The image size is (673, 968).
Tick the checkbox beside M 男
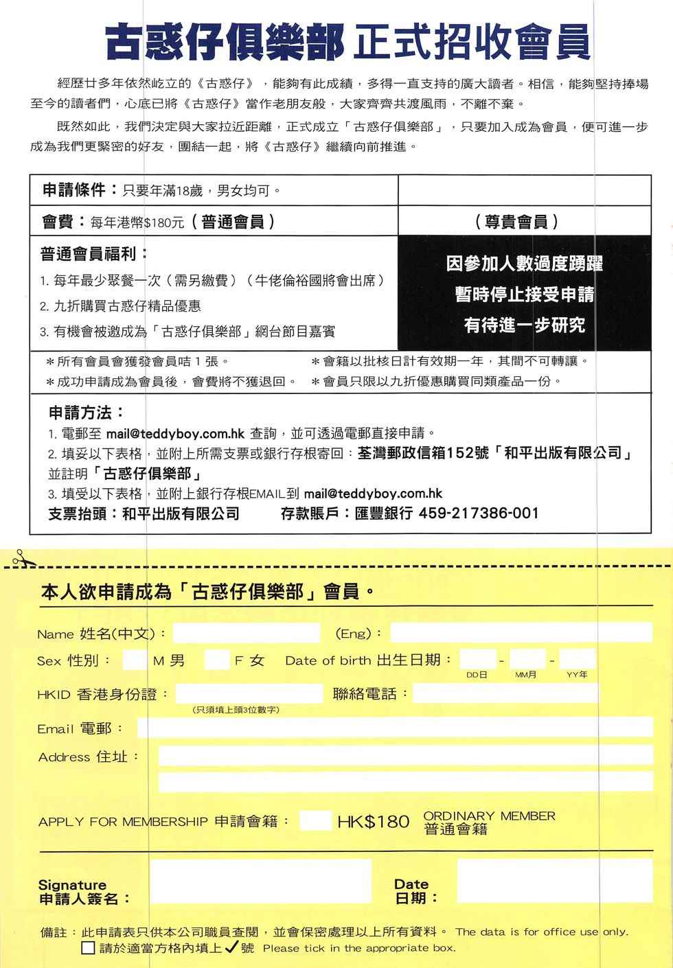[134, 660]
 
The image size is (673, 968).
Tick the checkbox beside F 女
[217, 660]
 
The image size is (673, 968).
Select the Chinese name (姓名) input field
[247, 633]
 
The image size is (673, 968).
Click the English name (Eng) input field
[521, 632]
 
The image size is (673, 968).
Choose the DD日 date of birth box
[477, 659]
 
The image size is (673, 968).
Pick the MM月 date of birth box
[527, 659]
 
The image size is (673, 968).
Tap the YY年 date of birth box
[578, 659]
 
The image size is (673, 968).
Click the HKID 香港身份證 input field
[249, 693]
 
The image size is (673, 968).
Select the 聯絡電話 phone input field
[505, 693]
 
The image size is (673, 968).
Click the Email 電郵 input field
[394, 727]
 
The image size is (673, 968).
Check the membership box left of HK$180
[315, 820]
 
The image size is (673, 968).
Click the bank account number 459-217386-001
[478, 513]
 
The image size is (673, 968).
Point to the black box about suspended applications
[524, 294]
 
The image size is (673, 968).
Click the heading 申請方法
[86, 413]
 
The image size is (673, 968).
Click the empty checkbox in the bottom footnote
[88, 949]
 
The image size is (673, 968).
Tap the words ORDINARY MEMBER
[489, 816]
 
